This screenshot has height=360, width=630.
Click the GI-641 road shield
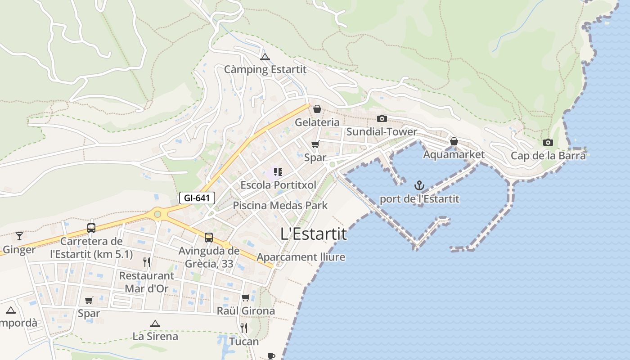pyautogui.click(x=197, y=198)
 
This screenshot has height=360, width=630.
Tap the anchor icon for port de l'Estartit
pyautogui.click(x=419, y=185)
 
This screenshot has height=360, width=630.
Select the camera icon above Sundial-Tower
pyautogui.click(x=382, y=118)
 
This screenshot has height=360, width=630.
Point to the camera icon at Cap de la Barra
pyautogui.click(x=548, y=142)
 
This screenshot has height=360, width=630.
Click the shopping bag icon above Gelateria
pyautogui.click(x=317, y=109)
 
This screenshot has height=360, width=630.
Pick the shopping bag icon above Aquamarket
pyautogui.click(x=454, y=141)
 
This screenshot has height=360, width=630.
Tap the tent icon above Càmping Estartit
pyautogui.click(x=265, y=57)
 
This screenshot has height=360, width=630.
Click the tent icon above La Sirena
pyautogui.click(x=155, y=323)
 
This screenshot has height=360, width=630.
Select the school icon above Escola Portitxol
pyautogui.click(x=278, y=171)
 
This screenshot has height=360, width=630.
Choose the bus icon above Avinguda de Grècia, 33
pyautogui.click(x=209, y=237)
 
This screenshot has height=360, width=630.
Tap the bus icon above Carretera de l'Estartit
pyautogui.click(x=91, y=228)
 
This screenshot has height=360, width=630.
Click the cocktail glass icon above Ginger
pyautogui.click(x=19, y=236)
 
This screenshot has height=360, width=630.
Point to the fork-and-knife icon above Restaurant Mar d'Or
pyautogui.click(x=147, y=262)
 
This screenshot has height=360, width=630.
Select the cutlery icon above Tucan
pyautogui.click(x=244, y=328)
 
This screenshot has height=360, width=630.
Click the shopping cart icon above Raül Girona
pyautogui.click(x=246, y=297)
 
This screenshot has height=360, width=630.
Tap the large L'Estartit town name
pyautogui.click(x=314, y=234)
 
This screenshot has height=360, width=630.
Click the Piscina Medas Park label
pyautogui.click(x=280, y=206)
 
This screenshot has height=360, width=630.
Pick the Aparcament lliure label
pyautogui.click(x=301, y=257)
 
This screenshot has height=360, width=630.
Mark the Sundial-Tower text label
pyautogui.click(x=382, y=132)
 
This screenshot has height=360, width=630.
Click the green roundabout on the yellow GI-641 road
pyautogui.click(x=157, y=214)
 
